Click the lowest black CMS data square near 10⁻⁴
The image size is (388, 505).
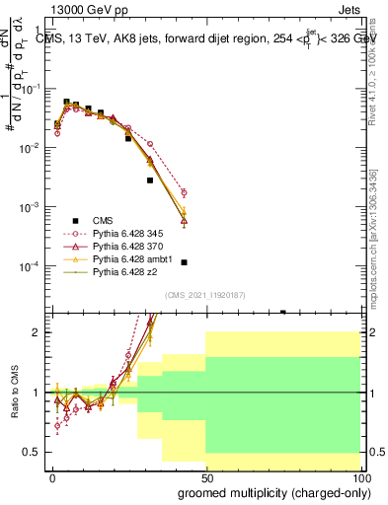pos(184,262)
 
